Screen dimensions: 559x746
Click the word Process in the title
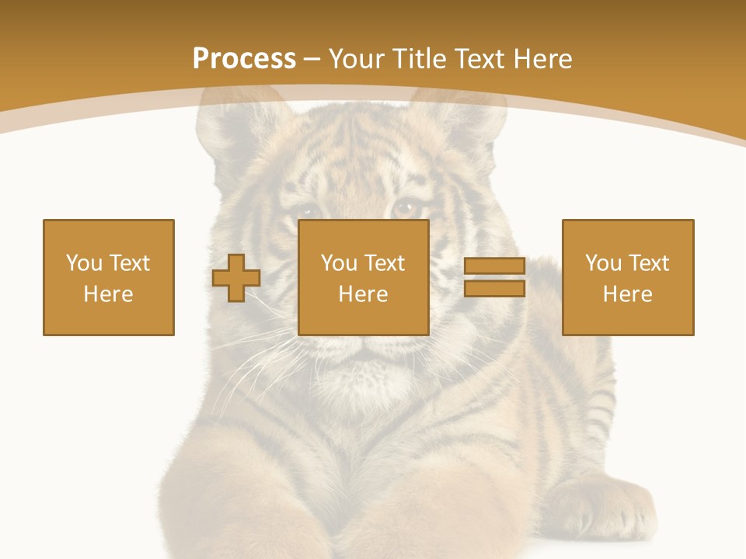tap(244, 59)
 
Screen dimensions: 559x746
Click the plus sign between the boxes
tap(237, 278)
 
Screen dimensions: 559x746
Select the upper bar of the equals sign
tap(495, 266)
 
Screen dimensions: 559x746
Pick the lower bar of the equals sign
tap(495, 289)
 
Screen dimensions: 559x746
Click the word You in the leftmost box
tap(84, 263)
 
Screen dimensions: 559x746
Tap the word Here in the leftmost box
tap(109, 294)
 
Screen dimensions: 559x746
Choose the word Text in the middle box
tap(384, 263)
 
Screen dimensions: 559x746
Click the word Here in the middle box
tap(364, 294)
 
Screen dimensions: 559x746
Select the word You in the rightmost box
tap(604, 263)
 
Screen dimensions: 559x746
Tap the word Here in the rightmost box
tap(628, 294)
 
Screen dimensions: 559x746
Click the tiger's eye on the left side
tap(309, 210)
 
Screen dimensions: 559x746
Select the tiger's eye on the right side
tap(406, 207)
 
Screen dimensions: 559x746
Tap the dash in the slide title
tap(312, 60)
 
